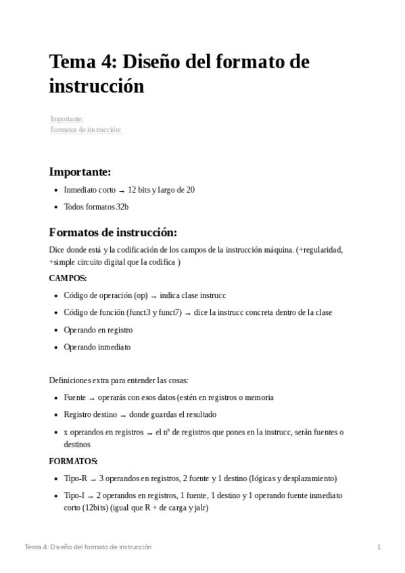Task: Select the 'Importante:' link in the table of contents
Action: tap(66, 119)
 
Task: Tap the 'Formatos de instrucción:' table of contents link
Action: tap(86, 129)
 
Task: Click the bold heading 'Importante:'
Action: tap(80, 172)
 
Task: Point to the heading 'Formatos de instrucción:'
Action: tap(113, 232)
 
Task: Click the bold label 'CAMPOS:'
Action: tap(68, 278)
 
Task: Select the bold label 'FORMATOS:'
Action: tap(73, 461)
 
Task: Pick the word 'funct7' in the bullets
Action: tap(168, 313)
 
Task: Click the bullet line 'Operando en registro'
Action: tap(98, 330)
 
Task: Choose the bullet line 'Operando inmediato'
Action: tap(97, 347)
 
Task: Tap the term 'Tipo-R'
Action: tap(74, 478)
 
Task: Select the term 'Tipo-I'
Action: tap(74, 495)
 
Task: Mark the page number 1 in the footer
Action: tap(379, 547)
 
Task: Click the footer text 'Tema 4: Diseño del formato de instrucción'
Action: tap(88, 547)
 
